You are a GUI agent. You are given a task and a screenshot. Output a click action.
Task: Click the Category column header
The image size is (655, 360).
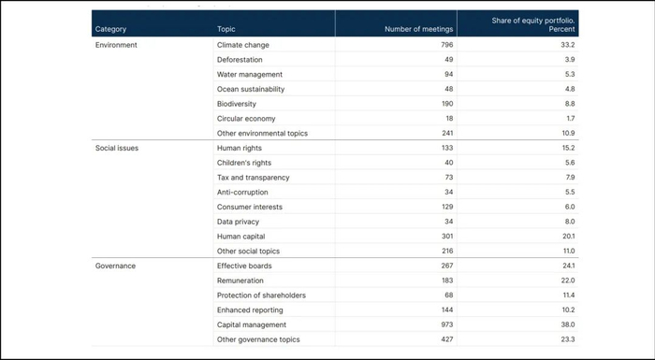click(110, 29)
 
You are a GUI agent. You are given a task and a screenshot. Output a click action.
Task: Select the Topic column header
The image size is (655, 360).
click(226, 29)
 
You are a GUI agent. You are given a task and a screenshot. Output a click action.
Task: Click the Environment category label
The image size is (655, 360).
click(117, 45)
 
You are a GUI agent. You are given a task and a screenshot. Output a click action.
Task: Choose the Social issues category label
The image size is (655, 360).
click(117, 148)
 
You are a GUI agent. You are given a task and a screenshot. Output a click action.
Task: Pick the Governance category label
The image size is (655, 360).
click(116, 266)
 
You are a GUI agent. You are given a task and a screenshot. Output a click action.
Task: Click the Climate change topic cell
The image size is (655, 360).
click(242, 45)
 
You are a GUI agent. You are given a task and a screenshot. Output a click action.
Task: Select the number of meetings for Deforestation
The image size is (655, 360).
click(448, 59)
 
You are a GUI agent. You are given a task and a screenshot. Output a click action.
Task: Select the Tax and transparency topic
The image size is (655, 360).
click(253, 178)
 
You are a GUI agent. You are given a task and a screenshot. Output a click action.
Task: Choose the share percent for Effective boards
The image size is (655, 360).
click(567, 266)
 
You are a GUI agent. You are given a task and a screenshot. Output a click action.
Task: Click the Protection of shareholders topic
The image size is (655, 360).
click(261, 295)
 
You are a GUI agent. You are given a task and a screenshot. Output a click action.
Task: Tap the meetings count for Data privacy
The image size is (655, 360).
click(448, 222)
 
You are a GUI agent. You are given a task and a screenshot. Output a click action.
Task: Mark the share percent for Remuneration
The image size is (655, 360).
click(567, 281)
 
